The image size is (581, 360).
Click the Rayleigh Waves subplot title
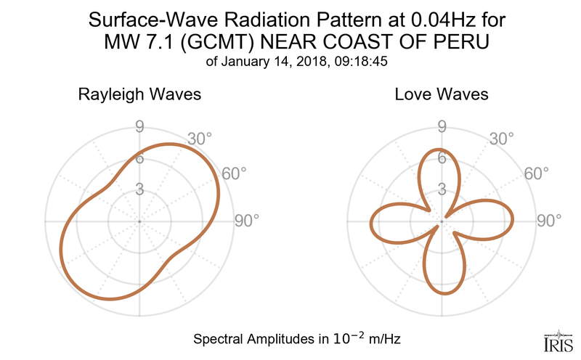click(139, 95)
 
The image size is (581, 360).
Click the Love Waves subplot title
click(442, 95)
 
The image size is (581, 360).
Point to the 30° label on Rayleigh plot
click(198, 138)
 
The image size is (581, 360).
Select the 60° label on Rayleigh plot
click(233, 173)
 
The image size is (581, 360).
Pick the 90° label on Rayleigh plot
click(246, 221)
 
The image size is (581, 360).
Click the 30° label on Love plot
click(501, 138)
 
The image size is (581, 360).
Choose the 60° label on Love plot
click(536, 173)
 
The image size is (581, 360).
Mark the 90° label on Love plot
click(549, 221)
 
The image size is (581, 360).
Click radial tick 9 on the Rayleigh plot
click(139, 128)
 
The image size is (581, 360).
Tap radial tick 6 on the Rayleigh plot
click(139, 159)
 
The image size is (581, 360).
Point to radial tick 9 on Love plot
click(441, 128)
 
